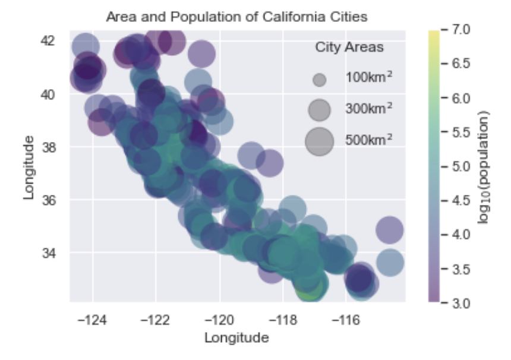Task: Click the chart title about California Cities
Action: (x=236, y=17)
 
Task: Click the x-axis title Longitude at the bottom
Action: (x=236, y=338)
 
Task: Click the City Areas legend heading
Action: (x=349, y=47)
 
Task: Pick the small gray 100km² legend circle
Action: (x=320, y=80)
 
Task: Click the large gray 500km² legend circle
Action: (x=319, y=141)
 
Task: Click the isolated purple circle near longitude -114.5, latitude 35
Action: (x=390, y=230)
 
